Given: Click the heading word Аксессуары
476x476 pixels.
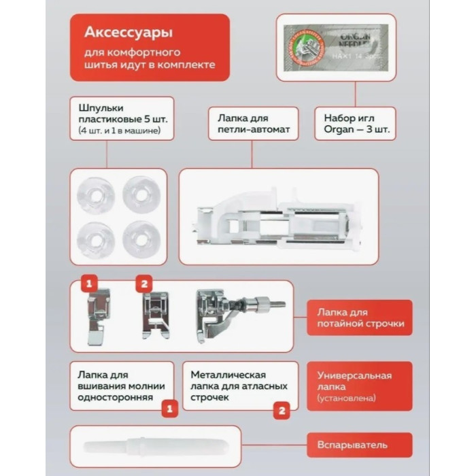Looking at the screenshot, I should click(128, 33).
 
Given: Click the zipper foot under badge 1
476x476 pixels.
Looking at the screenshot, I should click(97, 316).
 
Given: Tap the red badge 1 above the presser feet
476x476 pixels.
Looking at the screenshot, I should click(88, 282).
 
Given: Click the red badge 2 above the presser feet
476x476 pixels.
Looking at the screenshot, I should click(143, 282).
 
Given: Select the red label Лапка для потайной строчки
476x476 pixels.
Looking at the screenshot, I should click(359, 318).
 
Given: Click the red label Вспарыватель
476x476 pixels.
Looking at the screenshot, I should click(359, 445).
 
